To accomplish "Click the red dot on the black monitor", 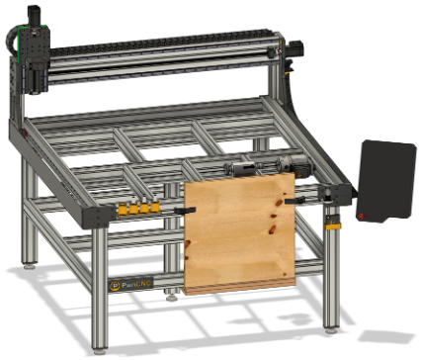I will tap(363, 215).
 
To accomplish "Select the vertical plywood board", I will tap(240, 233).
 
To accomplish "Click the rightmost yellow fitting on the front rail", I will tap(155, 209).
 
